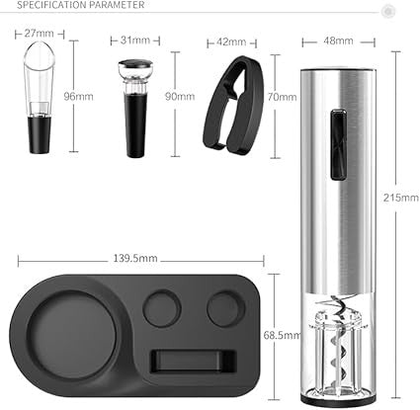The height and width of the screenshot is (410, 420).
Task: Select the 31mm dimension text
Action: coord(136,41)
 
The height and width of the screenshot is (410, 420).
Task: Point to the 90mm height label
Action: coord(180,97)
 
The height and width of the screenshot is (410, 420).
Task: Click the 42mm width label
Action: coord(229,41)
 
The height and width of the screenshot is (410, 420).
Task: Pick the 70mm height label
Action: coord(282,97)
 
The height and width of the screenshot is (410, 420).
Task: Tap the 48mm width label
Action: coord(337,41)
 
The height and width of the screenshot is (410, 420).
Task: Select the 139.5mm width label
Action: coord(140,259)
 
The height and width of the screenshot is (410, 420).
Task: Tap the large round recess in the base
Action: coord(69,335)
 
